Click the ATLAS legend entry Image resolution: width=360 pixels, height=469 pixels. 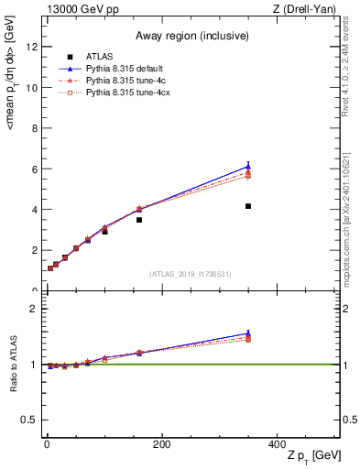[x=99, y=57]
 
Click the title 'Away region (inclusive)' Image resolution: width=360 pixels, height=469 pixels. [x=190, y=36]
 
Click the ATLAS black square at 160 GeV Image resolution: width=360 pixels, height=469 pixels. [x=139, y=220]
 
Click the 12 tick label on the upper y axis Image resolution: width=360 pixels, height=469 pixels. [x=31, y=48]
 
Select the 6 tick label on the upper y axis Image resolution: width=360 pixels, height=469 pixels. [x=34, y=169]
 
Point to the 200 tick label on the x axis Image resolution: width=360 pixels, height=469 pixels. [x=161, y=444]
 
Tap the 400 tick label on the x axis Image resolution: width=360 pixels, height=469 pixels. [x=277, y=444]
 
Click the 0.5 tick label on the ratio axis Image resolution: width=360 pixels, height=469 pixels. [x=29, y=420]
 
